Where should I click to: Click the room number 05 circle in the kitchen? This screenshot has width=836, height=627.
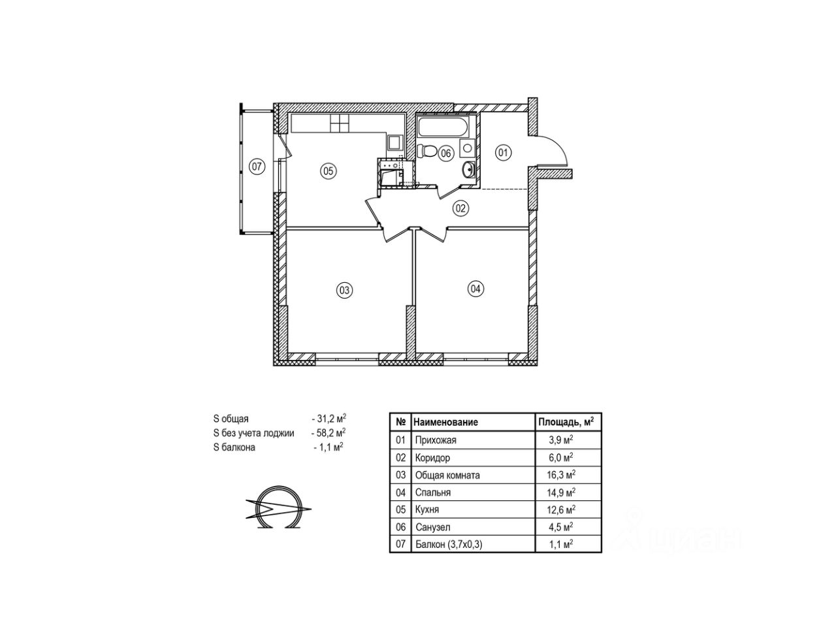pyautogui.click(x=328, y=171)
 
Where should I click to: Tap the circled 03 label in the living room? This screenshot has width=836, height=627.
pyautogui.click(x=344, y=291)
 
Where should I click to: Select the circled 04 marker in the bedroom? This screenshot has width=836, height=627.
pyautogui.click(x=475, y=289)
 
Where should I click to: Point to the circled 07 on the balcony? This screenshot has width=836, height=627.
pyautogui.click(x=257, y=167)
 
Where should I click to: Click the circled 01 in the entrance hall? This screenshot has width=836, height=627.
pyautogui.click(x=503, y=153)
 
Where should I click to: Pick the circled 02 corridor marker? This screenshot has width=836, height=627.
pyautogui.click(x=460, y=208)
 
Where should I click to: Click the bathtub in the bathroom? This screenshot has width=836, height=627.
pyautogui.click(x=443, y=127)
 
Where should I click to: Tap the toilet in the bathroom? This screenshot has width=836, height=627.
pyautogui.click(x=426, y=151)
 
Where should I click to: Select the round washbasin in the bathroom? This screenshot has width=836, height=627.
pyautogui.click(x=468, y=169)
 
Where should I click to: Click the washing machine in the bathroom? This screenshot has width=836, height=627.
pyautogui.click(x=467, y=148)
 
